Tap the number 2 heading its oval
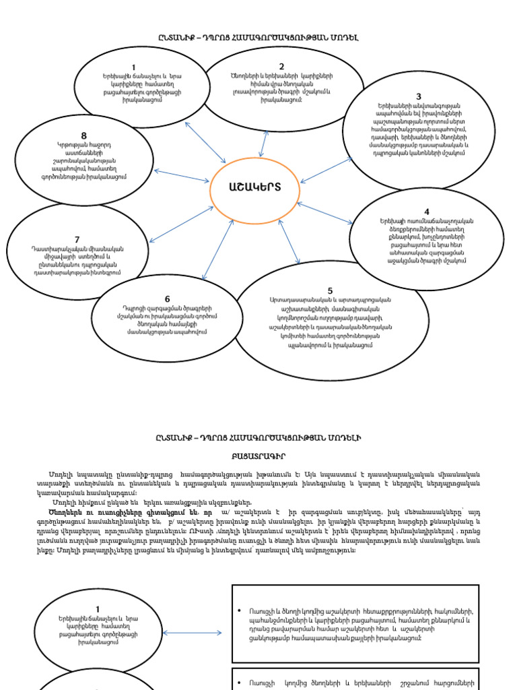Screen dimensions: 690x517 pos(282,67)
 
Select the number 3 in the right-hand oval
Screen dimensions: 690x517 pos(418,97)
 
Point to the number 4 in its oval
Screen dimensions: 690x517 pos(426,212)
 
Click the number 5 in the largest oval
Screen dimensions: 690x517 pos(330,291)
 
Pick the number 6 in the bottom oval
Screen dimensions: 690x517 pos(167,299)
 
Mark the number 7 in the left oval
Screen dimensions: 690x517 pos(77,240)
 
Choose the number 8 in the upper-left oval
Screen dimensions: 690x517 pos(83,135)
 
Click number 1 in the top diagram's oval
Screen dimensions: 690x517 pos(133,67)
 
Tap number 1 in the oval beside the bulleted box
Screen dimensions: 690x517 pos(98,610)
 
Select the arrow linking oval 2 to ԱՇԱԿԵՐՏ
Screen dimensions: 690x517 pos(265,144)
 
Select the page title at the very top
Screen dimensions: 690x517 pos(258,38)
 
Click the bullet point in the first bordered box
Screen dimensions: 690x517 pos(240,611)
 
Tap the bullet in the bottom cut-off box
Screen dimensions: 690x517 pos(240,681)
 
